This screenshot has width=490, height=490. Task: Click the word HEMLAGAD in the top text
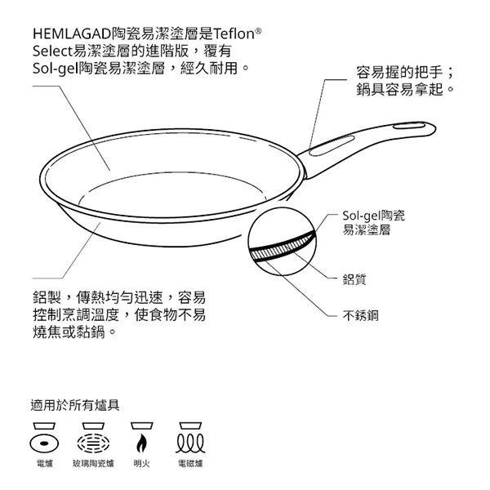click(72, 33)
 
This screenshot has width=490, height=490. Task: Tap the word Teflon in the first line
click(234, 33)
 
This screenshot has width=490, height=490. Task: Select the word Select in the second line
click(52, 51)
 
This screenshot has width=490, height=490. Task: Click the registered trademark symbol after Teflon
click(258, 31)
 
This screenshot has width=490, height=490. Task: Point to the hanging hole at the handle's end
click(409, 127)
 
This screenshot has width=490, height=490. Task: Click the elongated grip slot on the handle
click(332, 145)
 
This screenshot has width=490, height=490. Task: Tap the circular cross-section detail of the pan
click(282, 242)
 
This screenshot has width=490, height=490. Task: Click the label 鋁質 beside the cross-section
click(354, 279)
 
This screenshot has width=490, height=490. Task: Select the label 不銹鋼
click(360, 315)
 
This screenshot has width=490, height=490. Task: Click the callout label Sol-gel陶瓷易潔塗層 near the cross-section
click(374, 222)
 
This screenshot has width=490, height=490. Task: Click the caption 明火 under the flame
click(141, 463)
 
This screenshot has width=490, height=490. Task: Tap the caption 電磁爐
click(190, 463)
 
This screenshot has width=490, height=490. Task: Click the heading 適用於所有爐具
click(75, 405)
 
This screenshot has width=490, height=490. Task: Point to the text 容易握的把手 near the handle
click(399, 73)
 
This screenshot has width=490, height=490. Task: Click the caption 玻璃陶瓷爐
click(93, 463)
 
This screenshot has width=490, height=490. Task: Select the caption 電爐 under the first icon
click(44, 463)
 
